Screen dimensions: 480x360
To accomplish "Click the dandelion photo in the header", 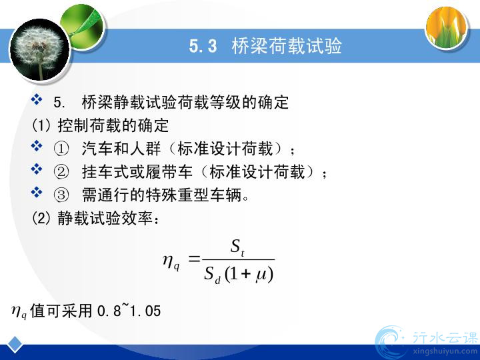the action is pyautogui.click(x=40, y=50).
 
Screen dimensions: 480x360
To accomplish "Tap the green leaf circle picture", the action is pyautogui.click(x=83, y=27).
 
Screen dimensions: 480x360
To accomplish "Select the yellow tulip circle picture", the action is pyautogui.click(x=447, y=27).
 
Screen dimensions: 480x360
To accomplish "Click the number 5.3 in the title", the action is pyautogui.click(x=203, y=46).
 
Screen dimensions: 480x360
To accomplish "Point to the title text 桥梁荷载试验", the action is pyautogui.click(x=287, y=46).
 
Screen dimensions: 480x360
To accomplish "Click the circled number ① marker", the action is pyautogui.click(x=61, y=149).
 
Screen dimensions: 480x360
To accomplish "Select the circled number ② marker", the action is pyautogui.click(x=61, y=172).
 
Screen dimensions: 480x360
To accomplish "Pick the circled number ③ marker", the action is pyautogui.click(x=61, y=195).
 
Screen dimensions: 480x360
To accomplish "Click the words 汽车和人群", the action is pyautogui.click(x=121, y=149).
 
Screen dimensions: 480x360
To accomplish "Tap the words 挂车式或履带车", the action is pyautogui.click(x=137, y=172).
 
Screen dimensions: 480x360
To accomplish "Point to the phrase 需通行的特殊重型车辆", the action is pyautogui.click(x=161, y=195).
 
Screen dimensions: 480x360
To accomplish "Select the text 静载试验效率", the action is pyautogui.click(x=105, y=218).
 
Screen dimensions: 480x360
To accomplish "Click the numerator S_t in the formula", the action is pyautogui.click(x=237, y=247).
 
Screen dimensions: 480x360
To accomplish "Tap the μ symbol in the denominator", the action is pyautogui.click(x=261, y=274).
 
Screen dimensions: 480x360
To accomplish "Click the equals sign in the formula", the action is pyautogui.click(x=194, y=259).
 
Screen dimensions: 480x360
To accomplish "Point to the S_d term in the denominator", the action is pyautogui.click(x=212, y=275).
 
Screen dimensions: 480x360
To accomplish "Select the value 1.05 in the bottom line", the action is pyautogui.click(x=145, y=311).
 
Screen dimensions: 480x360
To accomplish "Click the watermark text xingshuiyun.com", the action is pyautogui.click(x=445, y=351).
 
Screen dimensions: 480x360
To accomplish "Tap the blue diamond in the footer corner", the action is pyautogui.click(x=15, y=345).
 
